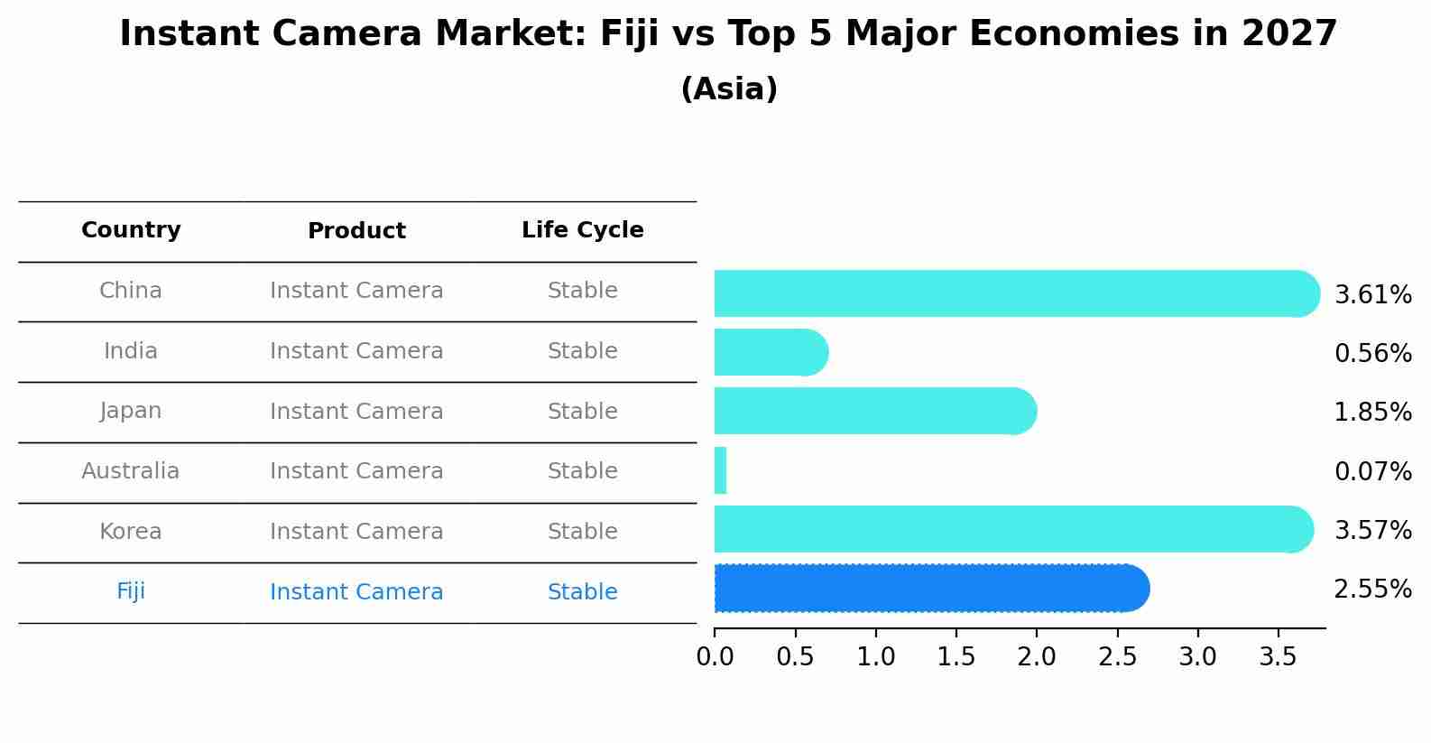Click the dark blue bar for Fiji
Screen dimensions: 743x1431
[x=929, y=589]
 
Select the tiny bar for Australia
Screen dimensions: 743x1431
[x=720, y=470]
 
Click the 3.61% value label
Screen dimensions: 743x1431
[x=1372, y=294]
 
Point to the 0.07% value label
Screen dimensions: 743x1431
[x=1372, y=471]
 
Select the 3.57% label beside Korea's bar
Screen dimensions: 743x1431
[x=1372, y=530]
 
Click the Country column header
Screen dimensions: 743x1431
[x=131, y=230]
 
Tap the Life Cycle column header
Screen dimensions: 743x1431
[x=582, y=230]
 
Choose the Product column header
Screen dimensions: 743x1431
[x=356, y=231]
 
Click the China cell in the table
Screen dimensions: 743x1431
[x=131, y=291]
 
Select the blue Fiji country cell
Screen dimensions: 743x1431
[x=131, y=591]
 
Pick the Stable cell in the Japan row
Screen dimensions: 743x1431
[x=582, y=412]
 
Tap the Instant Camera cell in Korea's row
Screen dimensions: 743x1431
[x=356, y=532]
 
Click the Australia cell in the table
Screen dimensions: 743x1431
[x=131, y=471]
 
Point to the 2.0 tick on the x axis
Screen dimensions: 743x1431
[x=1037, y=656]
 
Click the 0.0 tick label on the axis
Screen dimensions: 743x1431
[x=715, y=656]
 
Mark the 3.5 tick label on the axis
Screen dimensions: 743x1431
[x=1278, y=656]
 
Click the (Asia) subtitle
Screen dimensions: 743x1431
[x=729, y=89]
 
